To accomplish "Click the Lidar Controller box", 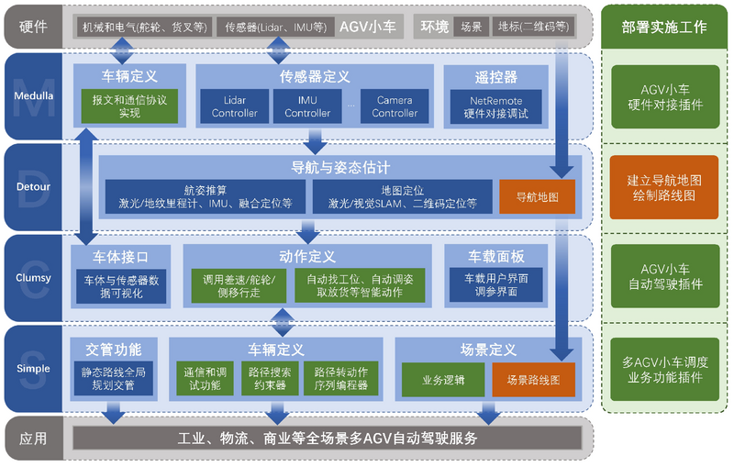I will click(235, 106).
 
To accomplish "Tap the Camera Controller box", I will click(395, 106).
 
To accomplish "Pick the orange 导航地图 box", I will click(538, 196).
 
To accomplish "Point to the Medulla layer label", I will click(33, 95).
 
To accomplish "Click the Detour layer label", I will click(33, 187).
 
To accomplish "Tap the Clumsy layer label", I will click(33, 277).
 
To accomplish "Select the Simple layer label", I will click(33, 368).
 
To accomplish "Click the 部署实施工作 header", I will click(665, 28).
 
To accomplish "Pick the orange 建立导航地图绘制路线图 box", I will click(665, 187).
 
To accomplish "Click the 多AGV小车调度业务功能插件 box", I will click(665, 368).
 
